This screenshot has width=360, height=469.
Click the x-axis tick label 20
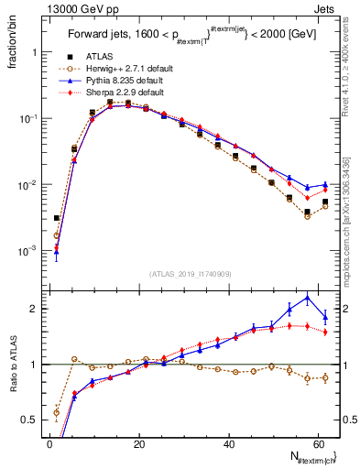(x=138, y=443)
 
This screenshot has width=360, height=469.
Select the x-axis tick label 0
(x=49, y=443)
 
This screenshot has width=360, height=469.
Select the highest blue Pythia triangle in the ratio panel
(x=307, y=298)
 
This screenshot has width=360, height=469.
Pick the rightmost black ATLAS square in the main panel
(x=325, y=202)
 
